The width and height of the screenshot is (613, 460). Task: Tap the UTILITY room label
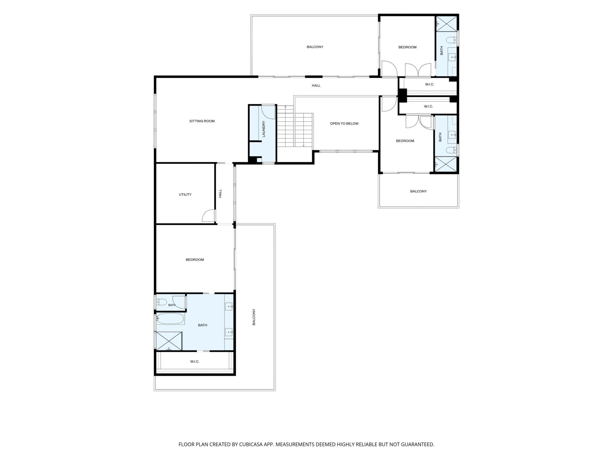185,194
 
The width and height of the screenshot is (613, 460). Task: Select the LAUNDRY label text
264,129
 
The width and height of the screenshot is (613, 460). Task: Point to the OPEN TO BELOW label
344,123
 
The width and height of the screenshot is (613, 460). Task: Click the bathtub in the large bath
170,319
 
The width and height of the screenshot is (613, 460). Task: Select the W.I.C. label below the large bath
195,361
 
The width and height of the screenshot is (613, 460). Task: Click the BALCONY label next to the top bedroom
315,47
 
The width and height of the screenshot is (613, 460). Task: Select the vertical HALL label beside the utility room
220,194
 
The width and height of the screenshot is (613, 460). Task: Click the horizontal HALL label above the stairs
316,86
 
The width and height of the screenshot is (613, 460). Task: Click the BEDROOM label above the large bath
195,259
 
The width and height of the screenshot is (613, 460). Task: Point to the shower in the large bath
169,341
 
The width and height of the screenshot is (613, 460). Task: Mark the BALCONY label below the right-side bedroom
418,191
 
